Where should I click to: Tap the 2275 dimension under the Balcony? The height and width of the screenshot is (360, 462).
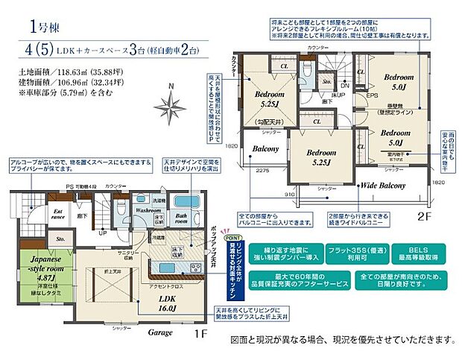tap(259, 171)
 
